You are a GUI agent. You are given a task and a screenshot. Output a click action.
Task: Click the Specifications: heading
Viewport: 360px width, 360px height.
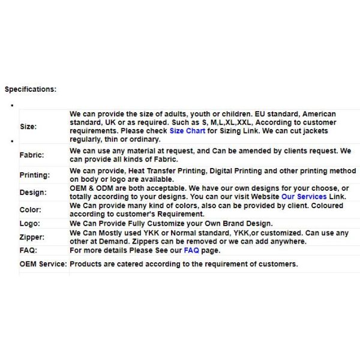31,89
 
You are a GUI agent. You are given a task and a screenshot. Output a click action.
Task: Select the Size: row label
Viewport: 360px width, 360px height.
28,127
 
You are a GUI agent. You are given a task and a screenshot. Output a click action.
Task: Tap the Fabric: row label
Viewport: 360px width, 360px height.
32,155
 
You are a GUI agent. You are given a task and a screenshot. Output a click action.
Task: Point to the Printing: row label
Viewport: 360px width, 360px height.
35,175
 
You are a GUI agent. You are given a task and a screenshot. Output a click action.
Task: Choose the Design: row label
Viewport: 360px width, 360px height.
32,193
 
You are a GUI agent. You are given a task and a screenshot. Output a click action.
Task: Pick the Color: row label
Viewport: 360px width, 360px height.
31,210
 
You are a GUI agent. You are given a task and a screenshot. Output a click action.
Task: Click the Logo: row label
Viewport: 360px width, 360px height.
30,223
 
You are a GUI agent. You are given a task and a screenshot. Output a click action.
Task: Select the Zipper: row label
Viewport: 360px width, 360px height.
32,238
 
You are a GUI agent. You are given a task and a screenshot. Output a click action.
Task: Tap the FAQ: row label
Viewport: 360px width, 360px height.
28,250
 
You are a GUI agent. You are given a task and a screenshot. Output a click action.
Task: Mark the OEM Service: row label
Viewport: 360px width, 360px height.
43,264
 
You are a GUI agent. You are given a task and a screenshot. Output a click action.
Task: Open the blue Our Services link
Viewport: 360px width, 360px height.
304,197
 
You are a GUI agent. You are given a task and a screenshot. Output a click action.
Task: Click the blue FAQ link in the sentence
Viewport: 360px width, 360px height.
191,250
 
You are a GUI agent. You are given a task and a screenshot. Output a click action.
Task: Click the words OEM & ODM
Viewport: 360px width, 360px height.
90,188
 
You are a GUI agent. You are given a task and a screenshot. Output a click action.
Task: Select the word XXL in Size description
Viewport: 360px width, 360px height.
245,122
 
